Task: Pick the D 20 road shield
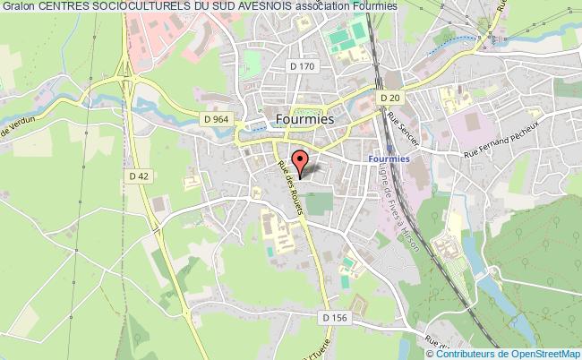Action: click(388, 98)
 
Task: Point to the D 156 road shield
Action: click(331, 317)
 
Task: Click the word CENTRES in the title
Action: click(62, 5)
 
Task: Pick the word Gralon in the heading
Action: click(18, 5)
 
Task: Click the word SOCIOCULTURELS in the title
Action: click(136, 5)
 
